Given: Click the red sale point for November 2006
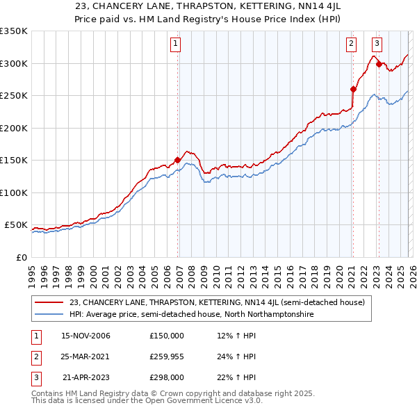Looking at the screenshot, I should (177, 160).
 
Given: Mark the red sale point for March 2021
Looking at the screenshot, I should (353, 89).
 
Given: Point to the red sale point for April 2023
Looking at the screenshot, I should (379, 65).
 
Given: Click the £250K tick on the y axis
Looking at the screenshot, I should (14, 96).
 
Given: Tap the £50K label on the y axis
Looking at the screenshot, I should (15, 225).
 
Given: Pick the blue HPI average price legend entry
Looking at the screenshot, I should (191, 314).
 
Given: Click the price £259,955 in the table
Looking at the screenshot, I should (167, 356).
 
